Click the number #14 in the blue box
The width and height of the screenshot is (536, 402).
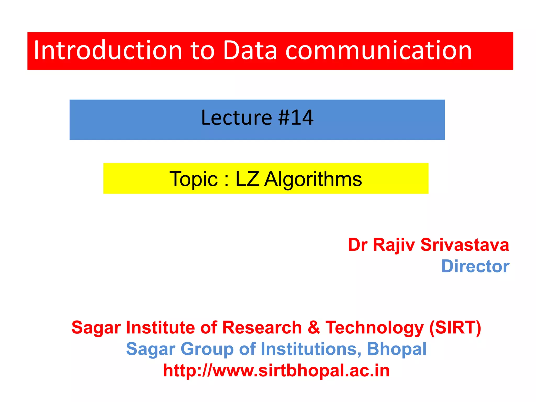(x=296, y=118)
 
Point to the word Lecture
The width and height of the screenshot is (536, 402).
(x=237, y=118)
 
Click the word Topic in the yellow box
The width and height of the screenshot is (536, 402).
(x=193, y=179)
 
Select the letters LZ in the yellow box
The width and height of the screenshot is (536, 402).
(x=247, y=179)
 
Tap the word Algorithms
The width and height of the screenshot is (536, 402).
(x=313, y=180)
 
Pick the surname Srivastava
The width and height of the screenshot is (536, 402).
(x=465, y=245)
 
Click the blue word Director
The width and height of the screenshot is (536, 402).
(x=475, y=266)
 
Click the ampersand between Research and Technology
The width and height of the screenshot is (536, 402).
(x=314, y=328)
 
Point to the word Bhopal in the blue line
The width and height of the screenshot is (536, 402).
(x=397, y=349)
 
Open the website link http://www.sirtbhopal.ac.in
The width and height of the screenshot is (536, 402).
(x=276, y=371)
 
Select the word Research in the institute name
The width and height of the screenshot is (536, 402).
(x=262, y=328)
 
